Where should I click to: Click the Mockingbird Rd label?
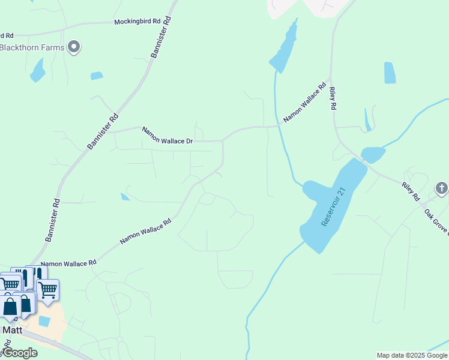[x=137, y=22]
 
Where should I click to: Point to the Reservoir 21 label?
[x=334, y=207]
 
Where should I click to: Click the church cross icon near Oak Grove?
[x=442, y=188]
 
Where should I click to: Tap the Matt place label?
[x=13, y=330]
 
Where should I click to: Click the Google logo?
[x=19, y=353]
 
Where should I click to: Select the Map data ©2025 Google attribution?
[x=412, y=355]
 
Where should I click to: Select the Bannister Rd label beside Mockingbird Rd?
[x=161, y=37]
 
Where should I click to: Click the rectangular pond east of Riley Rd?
[x=390, y=73]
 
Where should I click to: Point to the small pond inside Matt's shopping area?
[x=44, y=321]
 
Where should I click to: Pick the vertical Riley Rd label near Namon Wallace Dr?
[x=332, y=98]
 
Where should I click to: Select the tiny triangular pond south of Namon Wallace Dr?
[x=125, y=196]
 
